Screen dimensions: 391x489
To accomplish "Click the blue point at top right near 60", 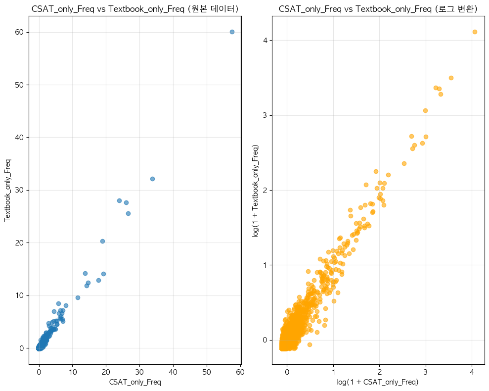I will coord(232,32).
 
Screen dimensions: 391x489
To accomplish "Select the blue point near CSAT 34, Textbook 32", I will coord(152,179).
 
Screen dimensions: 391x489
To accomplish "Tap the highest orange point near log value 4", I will coord(475,32).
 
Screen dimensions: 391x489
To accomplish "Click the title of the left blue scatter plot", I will coord(135,8).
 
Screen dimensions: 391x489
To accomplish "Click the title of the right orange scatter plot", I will coord(378,8).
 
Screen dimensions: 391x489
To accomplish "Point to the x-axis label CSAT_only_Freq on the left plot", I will coord(135,382).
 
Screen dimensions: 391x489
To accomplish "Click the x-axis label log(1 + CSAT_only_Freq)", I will coord(378,382).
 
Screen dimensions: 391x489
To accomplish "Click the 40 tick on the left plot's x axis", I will coord(173,372).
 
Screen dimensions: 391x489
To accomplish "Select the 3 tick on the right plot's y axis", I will coord(265,115).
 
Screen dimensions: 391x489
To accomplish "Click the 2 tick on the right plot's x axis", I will coord(379,372).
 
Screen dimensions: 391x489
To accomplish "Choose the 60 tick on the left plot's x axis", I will coord(240,372).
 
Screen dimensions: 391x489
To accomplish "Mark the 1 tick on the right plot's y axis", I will coord(265,265).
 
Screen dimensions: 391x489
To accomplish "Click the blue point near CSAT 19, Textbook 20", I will coord(102,241).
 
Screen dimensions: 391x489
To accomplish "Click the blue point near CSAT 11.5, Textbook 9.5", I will coord(78,297).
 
